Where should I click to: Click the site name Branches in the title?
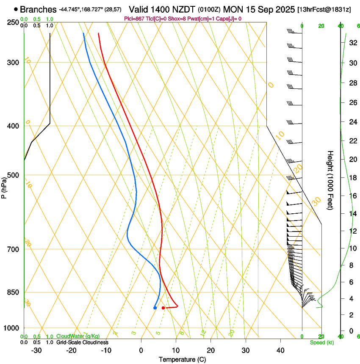click(x=38, y=9)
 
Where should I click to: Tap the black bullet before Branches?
click(x=16, y=9)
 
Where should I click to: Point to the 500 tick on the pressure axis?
click(x=13, y=175)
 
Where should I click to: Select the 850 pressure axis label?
click(x=13, y=292)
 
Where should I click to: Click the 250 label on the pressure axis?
click(x=13, y=22)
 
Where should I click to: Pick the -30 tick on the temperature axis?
click(x=36, y=350)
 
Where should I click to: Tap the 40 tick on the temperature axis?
click(x=280, y=350)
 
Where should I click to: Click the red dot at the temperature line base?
click(x=163, y=308)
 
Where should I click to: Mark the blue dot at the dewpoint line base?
click(x=155, y=308)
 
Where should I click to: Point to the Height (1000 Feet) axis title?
click(x=331, y=180)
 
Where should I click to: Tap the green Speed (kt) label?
click(x=321, y=342)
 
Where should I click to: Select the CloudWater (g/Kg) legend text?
click(x=78, y=336)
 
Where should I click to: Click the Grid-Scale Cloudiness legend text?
click(x=82, y=342)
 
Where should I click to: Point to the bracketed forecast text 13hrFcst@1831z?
click(x=324, y=9)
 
